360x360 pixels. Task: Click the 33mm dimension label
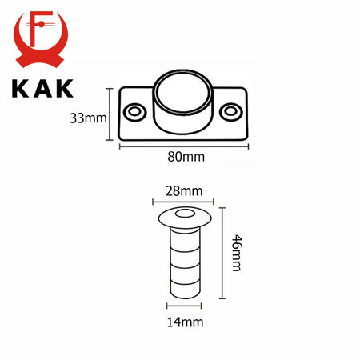click(x=88, y=118)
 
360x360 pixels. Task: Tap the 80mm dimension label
click(x=186, y=157)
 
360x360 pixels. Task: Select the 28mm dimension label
click(x=184, y=191)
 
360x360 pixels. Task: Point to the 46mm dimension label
click(x=236, y=253)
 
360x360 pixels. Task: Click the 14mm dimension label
click(x=185, y=322)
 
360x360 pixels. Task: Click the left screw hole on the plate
click(x=135, y=112)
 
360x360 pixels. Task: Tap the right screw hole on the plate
click(x=231, y=112)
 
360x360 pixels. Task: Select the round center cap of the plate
click(x=183, y=93)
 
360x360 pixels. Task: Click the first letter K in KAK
click(x=20, y=89)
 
